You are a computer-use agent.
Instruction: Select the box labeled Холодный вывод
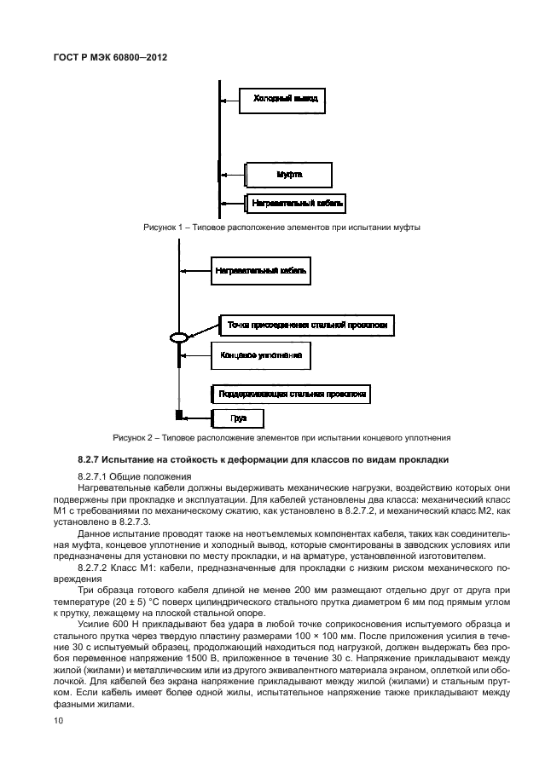point(284,100)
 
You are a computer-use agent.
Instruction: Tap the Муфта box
point(289,176)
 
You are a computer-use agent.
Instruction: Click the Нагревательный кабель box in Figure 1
point(295,204)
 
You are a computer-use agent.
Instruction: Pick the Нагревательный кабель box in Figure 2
point(260,272)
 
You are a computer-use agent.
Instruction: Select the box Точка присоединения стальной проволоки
point(308,325)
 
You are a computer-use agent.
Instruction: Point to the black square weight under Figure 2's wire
point(180,416)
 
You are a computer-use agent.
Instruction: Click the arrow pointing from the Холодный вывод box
point(228,101)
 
